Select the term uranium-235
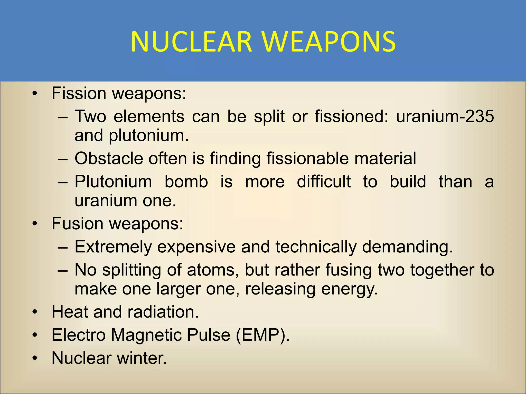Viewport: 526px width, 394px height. tap(445, 116)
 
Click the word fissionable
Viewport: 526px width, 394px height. tap(307, 158)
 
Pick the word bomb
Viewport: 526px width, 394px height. tap(186, 182)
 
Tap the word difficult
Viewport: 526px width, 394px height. tap(324, 182)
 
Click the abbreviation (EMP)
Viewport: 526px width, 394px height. tap(262, 335)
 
